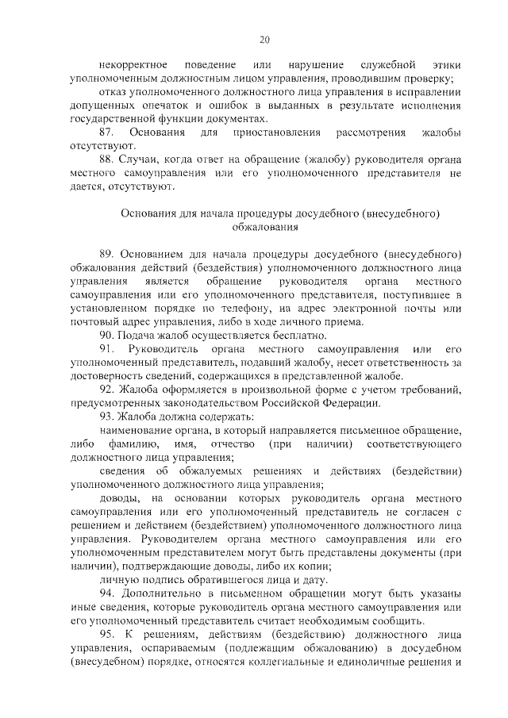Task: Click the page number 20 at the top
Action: (264, 40)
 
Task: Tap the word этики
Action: (447, 63)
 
